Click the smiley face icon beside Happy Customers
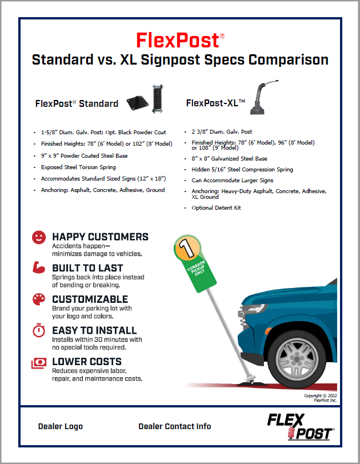click(39, 237)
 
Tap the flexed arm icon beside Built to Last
click(39, 267)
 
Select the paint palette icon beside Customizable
click(39, 299)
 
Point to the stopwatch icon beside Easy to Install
click(39, 330)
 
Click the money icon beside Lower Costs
click(39, 363)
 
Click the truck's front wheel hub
click(297, 359)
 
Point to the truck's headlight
click(253, 309)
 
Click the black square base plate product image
click(137, 103)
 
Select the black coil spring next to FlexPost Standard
click(158, 99)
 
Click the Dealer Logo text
click(61, 426)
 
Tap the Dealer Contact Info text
click(174, 426)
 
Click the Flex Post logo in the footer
click(301, 427)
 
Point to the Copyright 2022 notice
click(321, 398)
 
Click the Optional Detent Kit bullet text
click(216, 208)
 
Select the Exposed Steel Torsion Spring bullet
click(78, 167)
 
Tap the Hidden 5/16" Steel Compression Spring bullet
click(242, 170)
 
